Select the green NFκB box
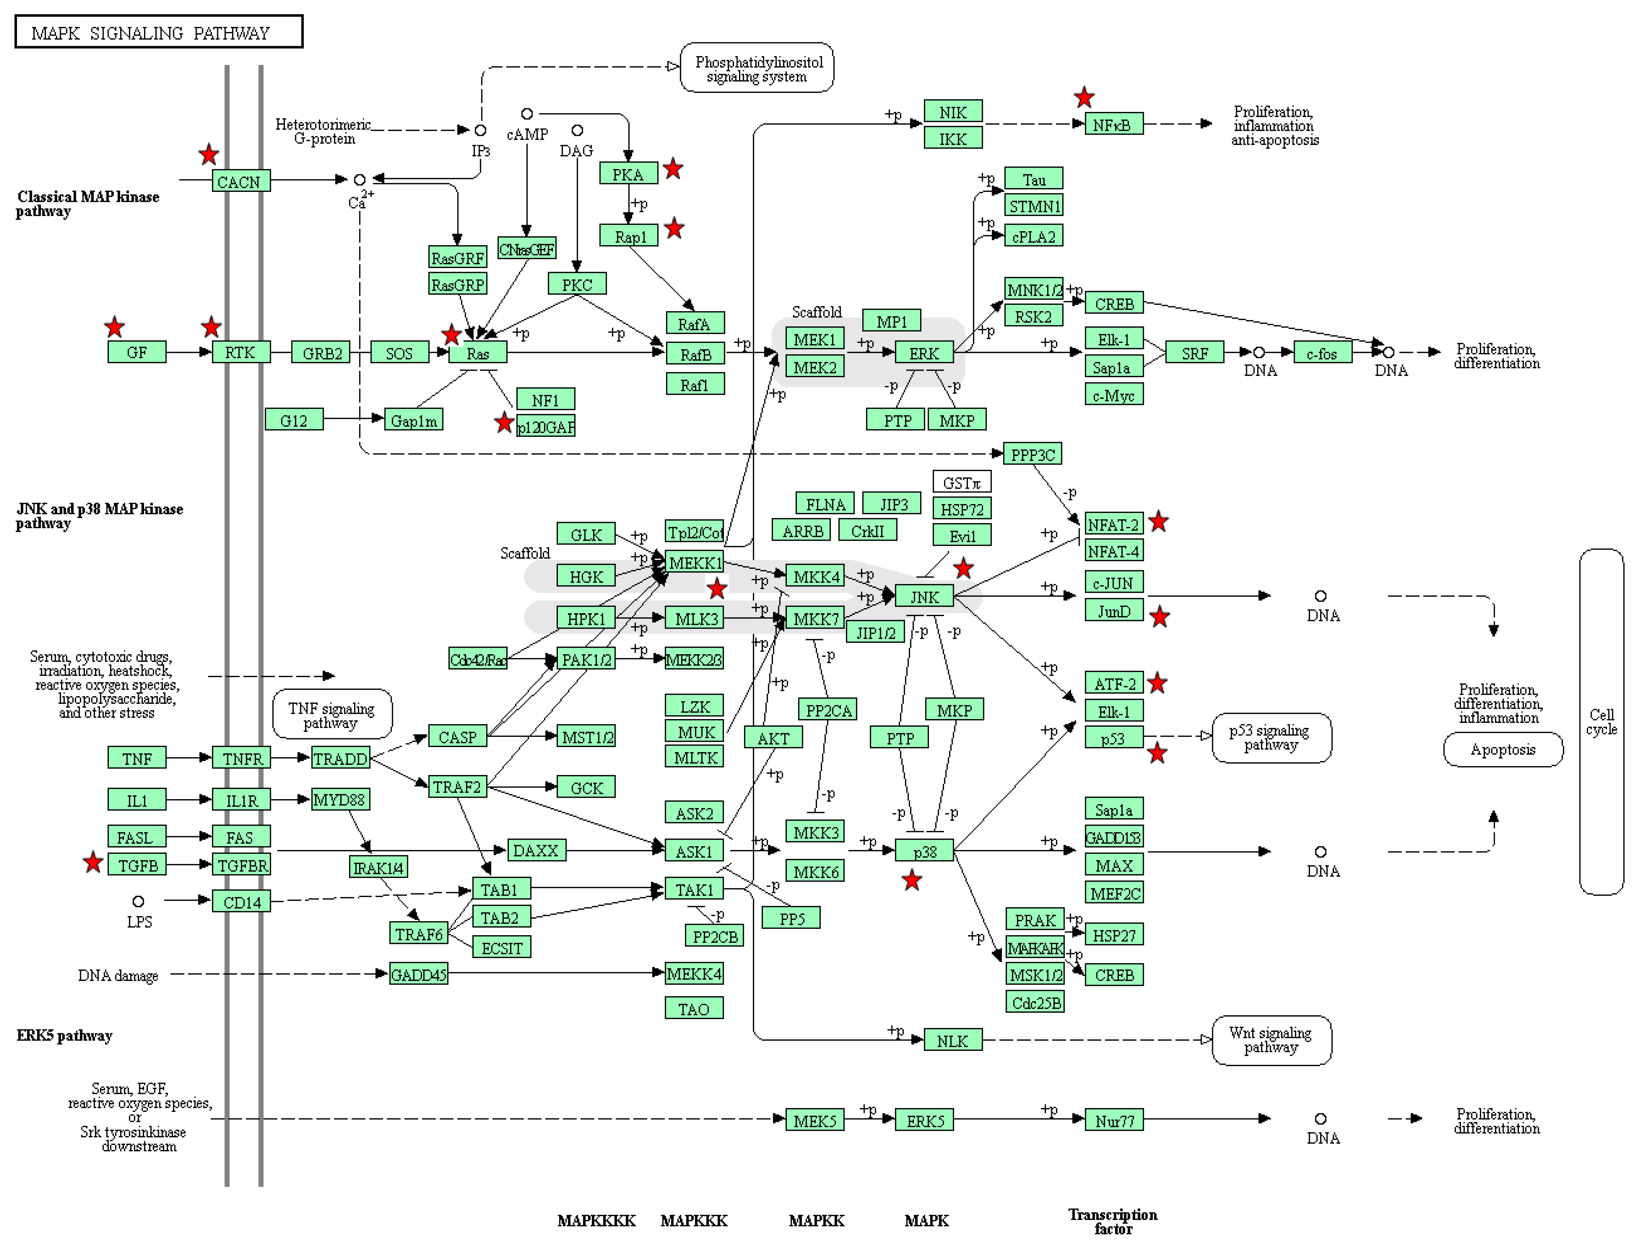pyautogui.click(x=1113, y=124)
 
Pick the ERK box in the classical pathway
pyautogui.click(x=924, y=353)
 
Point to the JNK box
pyautogui.click(x=924, y=596)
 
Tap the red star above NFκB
pyautogui.click(x=1084, y=97)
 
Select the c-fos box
pyautogui.click(x=1322, y=353)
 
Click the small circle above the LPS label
pyautogui.click(x=138, y=901)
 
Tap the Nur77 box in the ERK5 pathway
pyautogui.click(x=1113, y=1120)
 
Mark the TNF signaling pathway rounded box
pyautogui.click(x=331, y=715)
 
